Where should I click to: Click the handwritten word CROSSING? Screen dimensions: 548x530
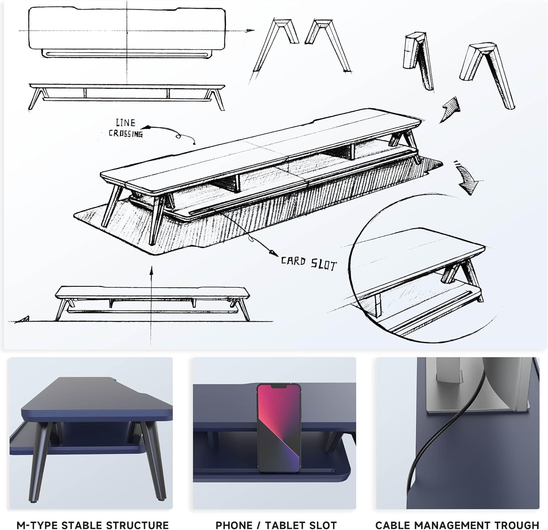pos(125,133)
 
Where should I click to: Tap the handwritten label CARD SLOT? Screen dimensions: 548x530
pos(308,263)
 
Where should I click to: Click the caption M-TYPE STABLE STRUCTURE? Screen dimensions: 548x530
pos(92,525)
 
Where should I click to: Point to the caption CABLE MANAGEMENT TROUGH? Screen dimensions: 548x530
pos(457,525)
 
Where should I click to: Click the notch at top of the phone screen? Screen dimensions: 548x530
pos(278,386)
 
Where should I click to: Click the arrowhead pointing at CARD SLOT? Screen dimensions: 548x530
pos(272,253)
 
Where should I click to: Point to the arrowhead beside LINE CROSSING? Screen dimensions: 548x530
pos(146,127)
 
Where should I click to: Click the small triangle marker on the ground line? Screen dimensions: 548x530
pos(24,319)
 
